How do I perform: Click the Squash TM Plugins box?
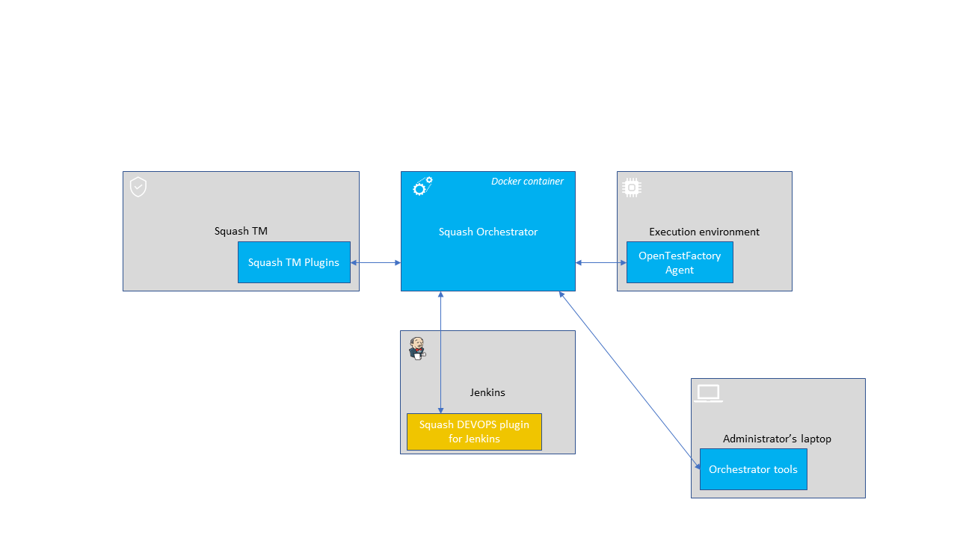coord(294,262)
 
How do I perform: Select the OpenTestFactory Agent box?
coord(680,262)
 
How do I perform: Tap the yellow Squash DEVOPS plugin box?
coord(474,432)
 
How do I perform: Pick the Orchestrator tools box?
coord(753,469)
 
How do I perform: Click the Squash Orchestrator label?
coord(488,232)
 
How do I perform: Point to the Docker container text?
coord(527,182)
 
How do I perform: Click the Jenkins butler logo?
coord(417,348)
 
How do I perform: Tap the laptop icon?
coord(708,394)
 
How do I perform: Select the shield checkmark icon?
coord(138,187)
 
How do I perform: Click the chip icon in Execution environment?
coord(632,188)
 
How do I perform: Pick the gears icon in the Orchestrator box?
coord(423,187)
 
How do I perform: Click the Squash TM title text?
coord(241,231)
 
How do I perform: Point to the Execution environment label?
coord(704,232)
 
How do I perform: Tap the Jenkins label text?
coord(487,392)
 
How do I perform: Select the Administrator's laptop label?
coord(777,439)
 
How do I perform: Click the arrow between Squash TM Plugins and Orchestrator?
coord(375,262)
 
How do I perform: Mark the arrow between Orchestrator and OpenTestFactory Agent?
coord(601,262)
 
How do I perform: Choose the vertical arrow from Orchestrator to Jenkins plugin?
coord(441,351)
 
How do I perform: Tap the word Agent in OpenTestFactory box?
coord(680,270)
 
